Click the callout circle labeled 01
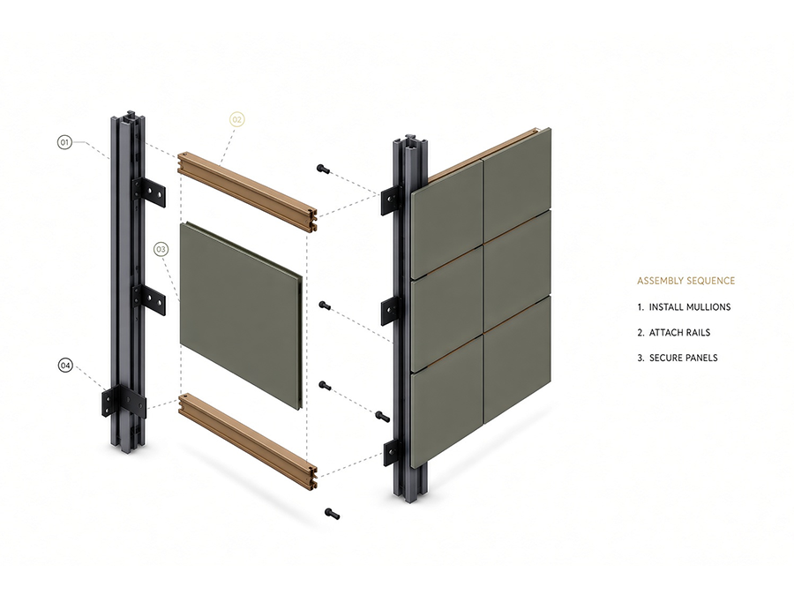[x=64, y=142]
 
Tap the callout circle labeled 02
[x=236, y=119]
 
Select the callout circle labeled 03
[x=161, y=249]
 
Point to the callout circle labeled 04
[x=65, y=365]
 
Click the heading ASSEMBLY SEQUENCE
[x=685, y=281]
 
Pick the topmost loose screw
[x=323, y=169]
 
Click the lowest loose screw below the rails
[x=333, y=514]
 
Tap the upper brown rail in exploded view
[x=248, y=189]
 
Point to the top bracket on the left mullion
[x=149, y=192]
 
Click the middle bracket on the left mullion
[x=149, y=300]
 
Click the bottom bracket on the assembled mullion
[x=392, y=452]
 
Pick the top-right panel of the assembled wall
[x=517, y=181]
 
